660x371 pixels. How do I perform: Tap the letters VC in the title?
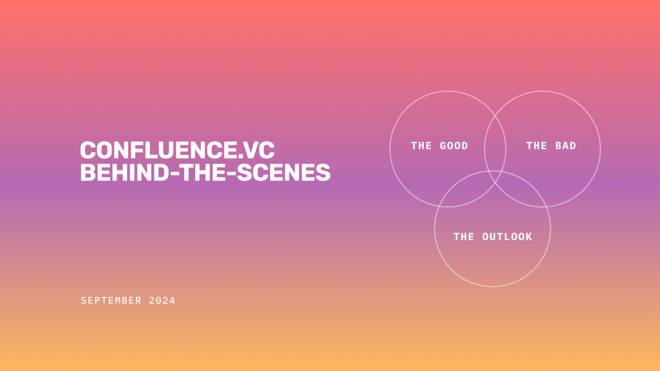[x=261, y=150]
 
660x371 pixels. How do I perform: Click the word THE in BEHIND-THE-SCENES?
[x=195, y=172]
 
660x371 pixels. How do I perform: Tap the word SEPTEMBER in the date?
[x=111, y=301]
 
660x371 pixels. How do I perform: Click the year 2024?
[x=162, y=301]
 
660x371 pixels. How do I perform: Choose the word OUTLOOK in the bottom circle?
[x=507, y=237]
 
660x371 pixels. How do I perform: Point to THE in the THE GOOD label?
[x=421, y=146]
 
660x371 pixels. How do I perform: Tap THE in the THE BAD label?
[x=536, y=146]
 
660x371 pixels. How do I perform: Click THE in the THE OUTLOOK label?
[x=464, y=237]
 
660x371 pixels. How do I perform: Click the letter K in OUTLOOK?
[x=529, y=237]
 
